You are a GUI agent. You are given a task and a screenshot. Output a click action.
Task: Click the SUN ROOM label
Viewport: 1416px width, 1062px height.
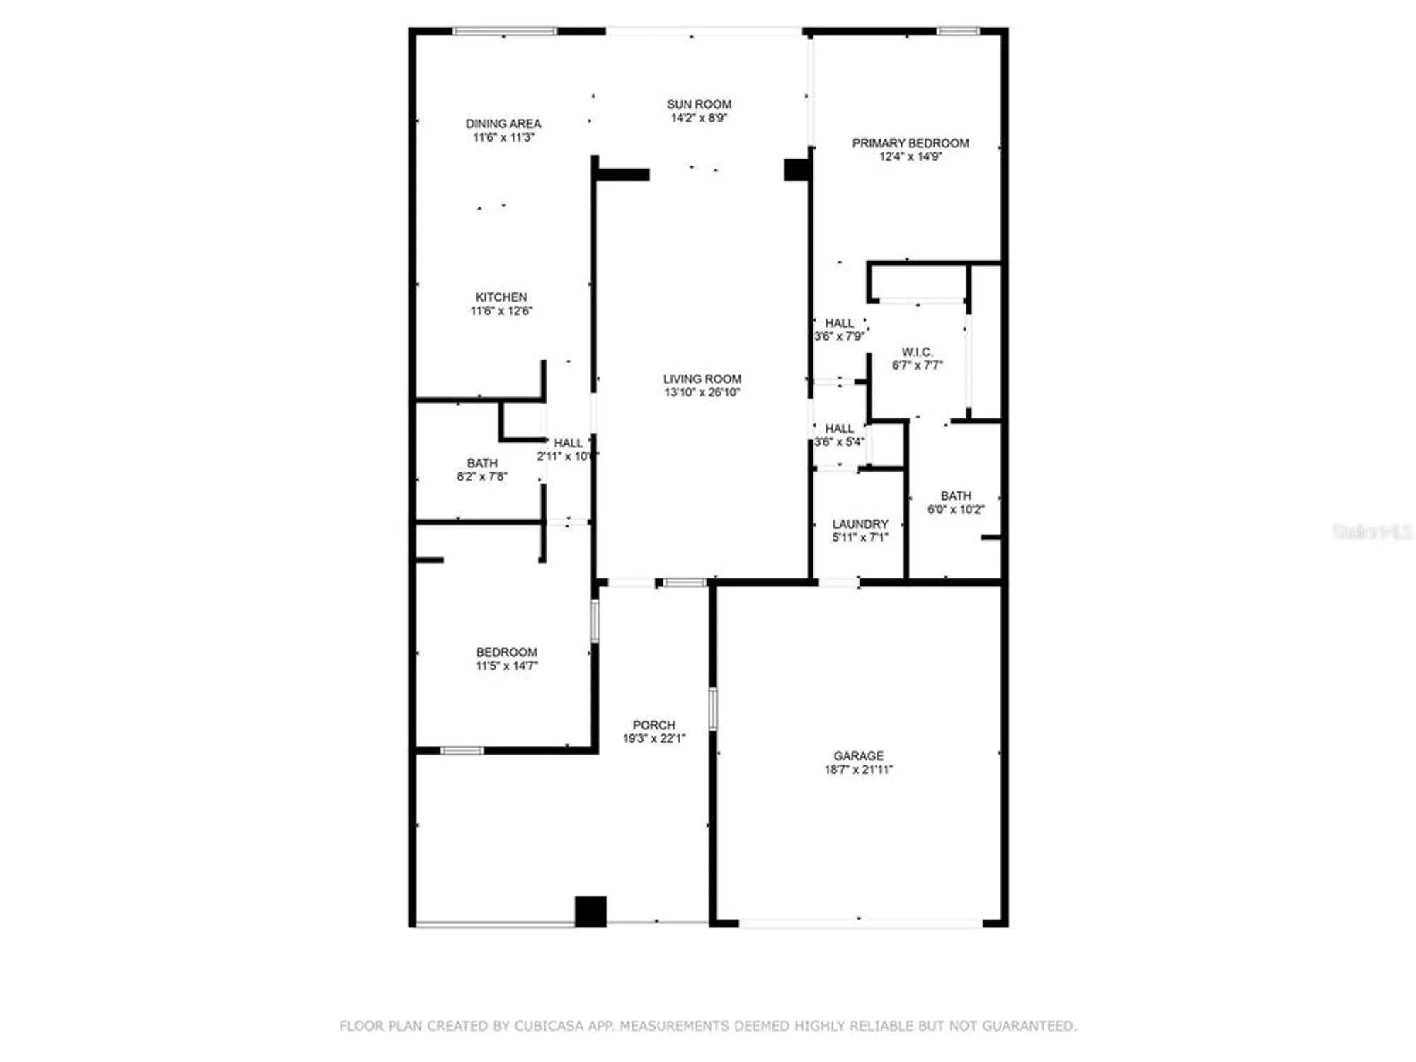coord(699,104)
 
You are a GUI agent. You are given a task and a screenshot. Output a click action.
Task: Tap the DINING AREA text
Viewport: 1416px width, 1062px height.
coord(503,124)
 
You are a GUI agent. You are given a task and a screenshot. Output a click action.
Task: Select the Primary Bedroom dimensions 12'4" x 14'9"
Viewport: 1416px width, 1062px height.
coord(910,156)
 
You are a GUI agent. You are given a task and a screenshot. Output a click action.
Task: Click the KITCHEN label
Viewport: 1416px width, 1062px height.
coord(501,297)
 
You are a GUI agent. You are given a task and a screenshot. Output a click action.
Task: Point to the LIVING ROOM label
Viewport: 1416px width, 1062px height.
coord(702,379)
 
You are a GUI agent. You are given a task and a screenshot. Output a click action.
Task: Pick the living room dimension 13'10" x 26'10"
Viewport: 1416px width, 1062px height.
coord(702,392)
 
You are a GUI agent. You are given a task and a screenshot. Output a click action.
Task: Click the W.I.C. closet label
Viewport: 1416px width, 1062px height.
coord(917,352)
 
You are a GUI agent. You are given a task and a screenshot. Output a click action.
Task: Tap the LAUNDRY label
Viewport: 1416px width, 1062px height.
coord(860,524)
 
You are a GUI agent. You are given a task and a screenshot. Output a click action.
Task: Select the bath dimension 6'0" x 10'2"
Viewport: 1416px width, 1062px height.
coord(956,509)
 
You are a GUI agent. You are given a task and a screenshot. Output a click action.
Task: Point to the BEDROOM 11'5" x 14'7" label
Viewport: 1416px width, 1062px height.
coord(506,652)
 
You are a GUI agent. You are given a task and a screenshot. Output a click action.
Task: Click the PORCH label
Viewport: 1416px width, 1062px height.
coord(653,725)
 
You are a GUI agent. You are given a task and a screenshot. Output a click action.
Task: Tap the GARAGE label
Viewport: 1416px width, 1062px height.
coord(858,756)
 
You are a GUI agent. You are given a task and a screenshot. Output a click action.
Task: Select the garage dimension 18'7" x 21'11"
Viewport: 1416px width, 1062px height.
coord(858,770)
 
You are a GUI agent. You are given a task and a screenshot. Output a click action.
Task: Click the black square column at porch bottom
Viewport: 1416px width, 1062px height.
coord(590,911)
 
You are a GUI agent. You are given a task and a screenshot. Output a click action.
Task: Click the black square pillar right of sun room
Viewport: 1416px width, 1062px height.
coord(796,169)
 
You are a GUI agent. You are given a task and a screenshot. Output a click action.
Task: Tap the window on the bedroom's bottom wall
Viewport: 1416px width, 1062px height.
coord(462,750)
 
